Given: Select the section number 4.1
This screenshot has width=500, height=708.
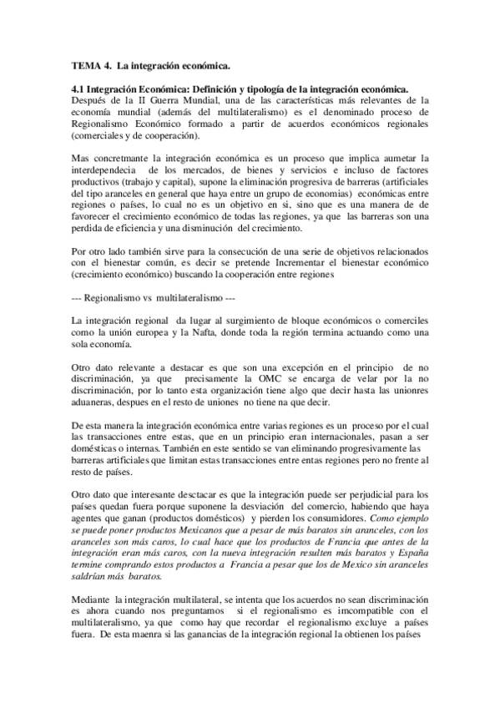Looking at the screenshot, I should pyautogui.click(x=78, y=88).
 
